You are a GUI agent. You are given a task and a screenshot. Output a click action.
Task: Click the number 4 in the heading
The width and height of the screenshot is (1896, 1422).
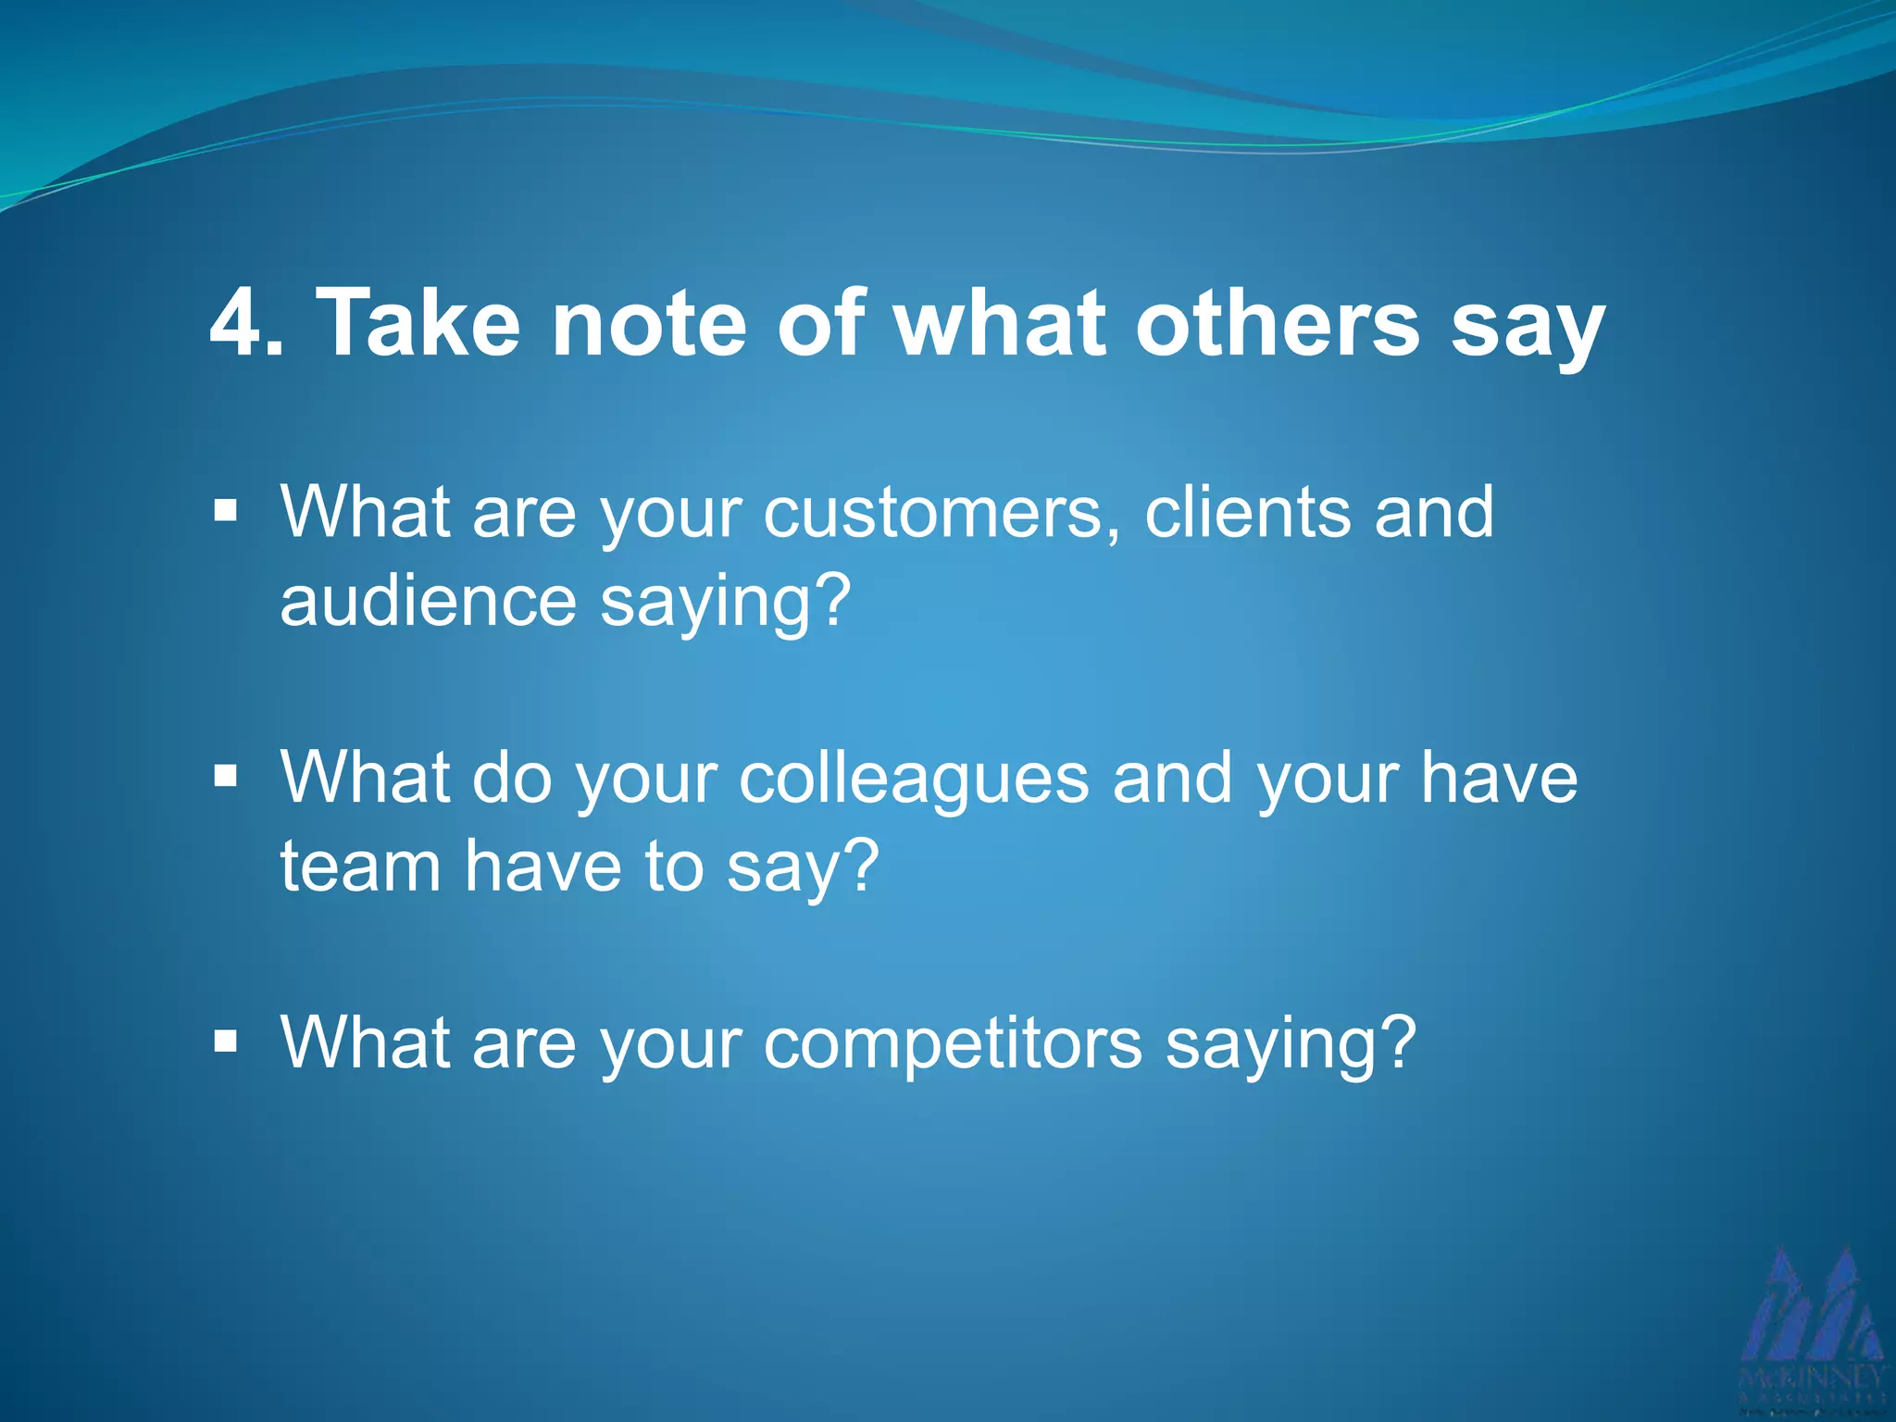tap(236, 323)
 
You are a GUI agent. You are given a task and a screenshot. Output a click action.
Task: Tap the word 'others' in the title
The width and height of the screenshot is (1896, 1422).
tap(1278, 323)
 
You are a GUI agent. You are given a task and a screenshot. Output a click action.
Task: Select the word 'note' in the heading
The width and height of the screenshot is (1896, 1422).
tap(649, 323)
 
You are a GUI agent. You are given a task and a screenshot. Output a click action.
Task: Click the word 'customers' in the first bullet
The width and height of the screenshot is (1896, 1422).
tap(940, 514)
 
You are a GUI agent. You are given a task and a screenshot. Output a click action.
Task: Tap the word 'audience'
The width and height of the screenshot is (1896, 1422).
tap(429, 602)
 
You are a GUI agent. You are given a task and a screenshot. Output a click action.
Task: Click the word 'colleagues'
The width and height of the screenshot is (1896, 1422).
tap(914, 778)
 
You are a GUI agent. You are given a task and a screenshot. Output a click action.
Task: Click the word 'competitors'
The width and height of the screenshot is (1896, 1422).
tap(953, 1043)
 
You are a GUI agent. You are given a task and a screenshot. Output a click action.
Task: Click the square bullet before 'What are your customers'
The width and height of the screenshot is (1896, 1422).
tap(225, 510)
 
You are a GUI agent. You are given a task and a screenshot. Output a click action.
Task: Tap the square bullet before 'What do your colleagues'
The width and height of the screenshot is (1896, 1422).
tap(225, 775)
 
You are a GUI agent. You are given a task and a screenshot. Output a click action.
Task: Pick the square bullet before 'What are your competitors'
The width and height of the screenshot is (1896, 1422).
tap(225, 1041)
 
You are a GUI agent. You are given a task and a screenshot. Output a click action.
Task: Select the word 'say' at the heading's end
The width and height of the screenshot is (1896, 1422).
tap(1527, 329)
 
